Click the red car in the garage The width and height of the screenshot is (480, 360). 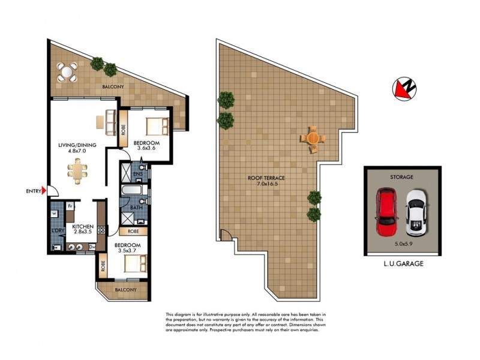click(x=386, y=212)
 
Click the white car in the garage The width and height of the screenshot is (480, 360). click(x=416, y=213)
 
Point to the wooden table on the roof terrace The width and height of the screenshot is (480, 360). click(x=313, y=137)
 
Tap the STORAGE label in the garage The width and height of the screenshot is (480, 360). click(x=402, y=178)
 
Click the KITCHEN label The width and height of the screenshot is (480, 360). click(x=83, y=226)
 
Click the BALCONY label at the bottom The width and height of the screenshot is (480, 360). click(x=124, y=290)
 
